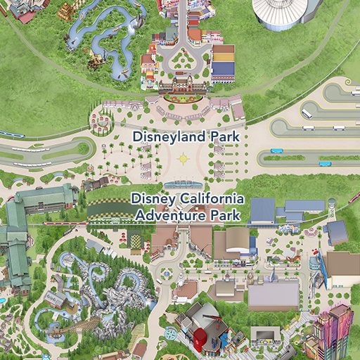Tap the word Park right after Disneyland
(x=225, y=136)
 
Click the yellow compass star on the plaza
(x=184, y=158)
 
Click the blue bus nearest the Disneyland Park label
(x=276, y=150)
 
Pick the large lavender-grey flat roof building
(x=273, y=295)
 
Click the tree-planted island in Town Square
(x=182, y=62)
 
